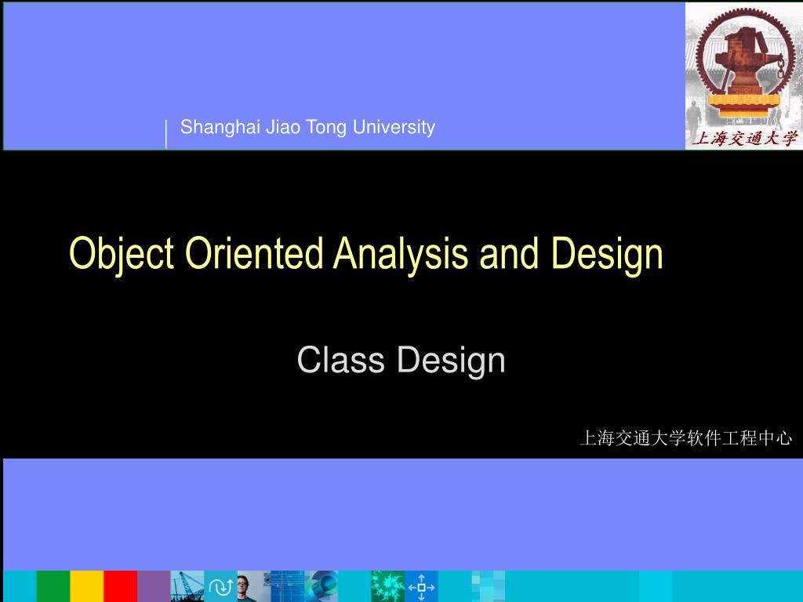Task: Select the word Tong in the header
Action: (326, 127)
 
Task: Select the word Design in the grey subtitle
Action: (451, 361)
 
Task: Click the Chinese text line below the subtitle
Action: (686, 439)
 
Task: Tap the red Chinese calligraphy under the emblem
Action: (743, 139)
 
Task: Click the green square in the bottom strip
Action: (53, 586)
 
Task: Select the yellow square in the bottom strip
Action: (86, 586)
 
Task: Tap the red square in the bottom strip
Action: (120, 586)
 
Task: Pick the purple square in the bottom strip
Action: (154, 586)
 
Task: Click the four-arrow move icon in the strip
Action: (422, 586)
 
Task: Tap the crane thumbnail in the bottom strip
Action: (187, 586)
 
